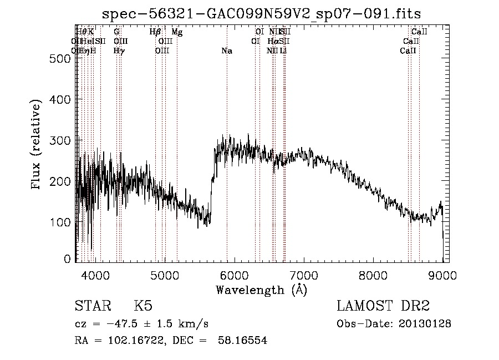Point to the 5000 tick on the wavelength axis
[x=165, y=273]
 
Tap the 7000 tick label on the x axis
[x=304, y=273]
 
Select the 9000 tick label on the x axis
[x=442, y=273]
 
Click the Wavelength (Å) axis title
[x=261, y=289]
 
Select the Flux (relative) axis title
[x=37, y=145]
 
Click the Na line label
[x=226, y=51]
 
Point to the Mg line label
[x=177, y=32]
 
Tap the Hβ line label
[x=155, y=32]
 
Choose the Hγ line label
[x=119, y=51]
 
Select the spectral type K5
[x=142, y=307]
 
